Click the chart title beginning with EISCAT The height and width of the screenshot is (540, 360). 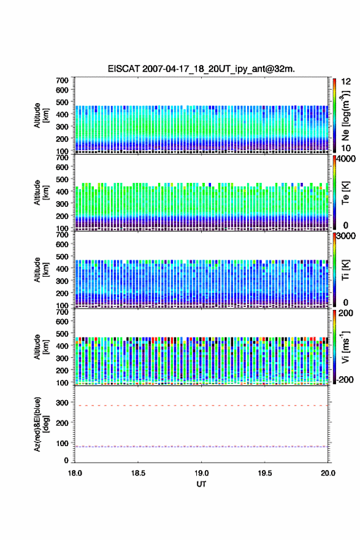[201, 69]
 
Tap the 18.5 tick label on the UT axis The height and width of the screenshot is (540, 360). [138, 473]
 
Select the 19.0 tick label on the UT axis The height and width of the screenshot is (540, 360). [201, 473]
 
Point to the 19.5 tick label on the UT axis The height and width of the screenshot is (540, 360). [265, 473]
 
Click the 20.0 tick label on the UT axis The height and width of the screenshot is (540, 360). [328, 473]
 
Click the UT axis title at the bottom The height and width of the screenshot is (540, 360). [201, 484]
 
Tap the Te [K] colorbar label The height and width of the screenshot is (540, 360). [345, 193]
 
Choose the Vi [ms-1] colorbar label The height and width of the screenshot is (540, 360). [345, 347]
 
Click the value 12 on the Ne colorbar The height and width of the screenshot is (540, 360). [346, 82]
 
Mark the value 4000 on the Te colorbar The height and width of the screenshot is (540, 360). [345, 159]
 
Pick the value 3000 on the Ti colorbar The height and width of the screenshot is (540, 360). [345, 236]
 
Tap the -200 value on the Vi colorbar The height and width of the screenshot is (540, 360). [345, 379]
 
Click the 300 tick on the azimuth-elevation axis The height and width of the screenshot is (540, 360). [63, 403]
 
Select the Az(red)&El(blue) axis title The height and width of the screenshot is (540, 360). [41, 424]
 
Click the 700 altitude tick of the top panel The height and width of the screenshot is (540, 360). [63, 80]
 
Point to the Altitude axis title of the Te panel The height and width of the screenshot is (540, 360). [41, 193]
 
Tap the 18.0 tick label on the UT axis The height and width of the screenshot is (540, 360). [75, 473]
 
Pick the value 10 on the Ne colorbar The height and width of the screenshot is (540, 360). [346, 148]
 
